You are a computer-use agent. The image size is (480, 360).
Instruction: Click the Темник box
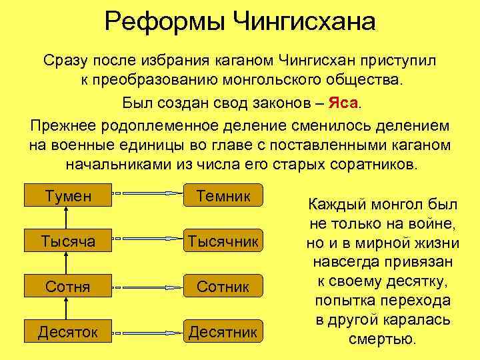tap(223, 195)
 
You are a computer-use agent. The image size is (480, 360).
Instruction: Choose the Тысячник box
tap(223, 241)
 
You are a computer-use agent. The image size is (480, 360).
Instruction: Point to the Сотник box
tap(223, 287)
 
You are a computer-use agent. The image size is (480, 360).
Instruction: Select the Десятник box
tap(223, 331)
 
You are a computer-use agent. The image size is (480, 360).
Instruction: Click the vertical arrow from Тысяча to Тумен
tap(65, 217)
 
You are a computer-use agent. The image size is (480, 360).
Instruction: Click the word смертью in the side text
tap(382, 338)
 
